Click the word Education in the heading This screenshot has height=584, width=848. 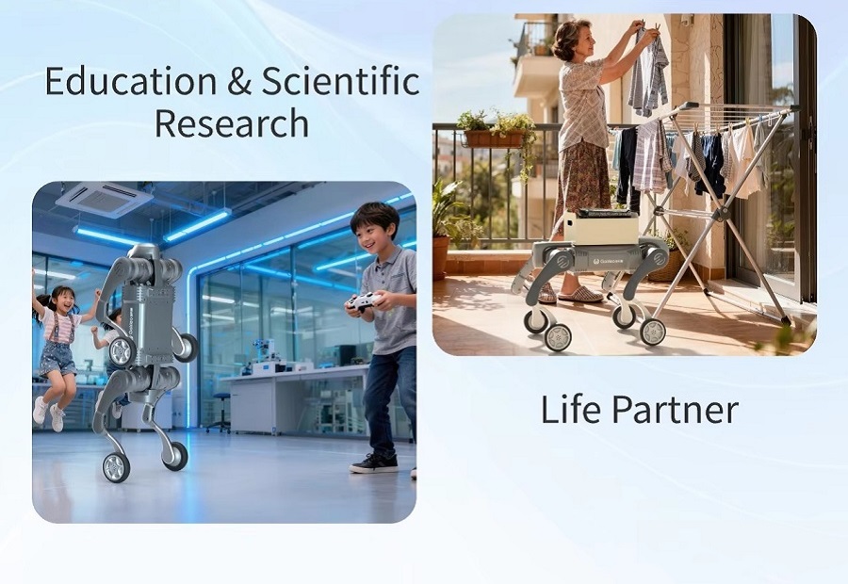pyautogui.click(x=130, y=81)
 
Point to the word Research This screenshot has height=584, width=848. pyautogui.click(x=232, y=122)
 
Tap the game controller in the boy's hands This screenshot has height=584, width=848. pyautogui.click(x=364, y=301)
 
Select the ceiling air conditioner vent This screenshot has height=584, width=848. pyautogui.click(x=105, y=200)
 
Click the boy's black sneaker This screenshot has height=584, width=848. pyautogui.click(x=373, y=462)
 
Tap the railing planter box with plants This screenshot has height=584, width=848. pyautogui.click(x=494, y=138)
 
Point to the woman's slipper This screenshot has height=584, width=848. pyautogui.click(x=580, y=295)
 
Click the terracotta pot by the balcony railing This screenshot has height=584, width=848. pyautogui.click(x=440, y=256)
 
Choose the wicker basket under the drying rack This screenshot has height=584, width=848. pyautogui.click(x=667, y=265)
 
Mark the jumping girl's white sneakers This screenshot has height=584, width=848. pyautogui.click(x=49, y=412)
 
